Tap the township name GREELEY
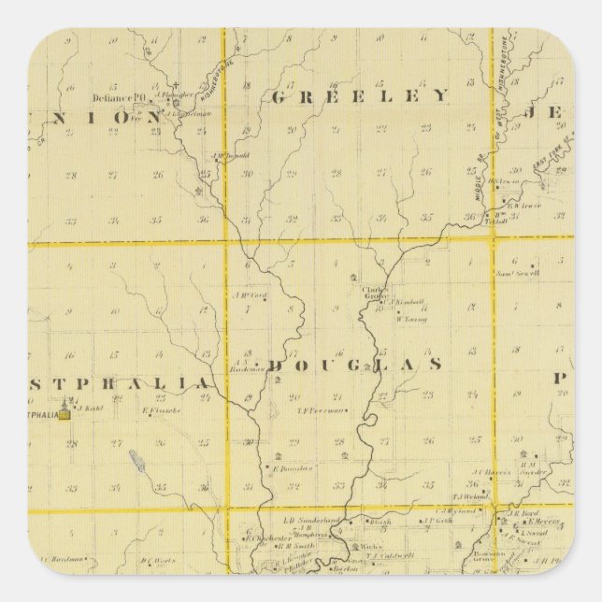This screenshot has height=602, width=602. [x=360, y=95]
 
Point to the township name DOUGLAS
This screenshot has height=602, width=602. [x=355, y=365]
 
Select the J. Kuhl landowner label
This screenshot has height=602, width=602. [x=89, y=408]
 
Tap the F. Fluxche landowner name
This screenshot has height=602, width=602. [x=160, y=409]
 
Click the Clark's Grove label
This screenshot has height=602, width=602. [x=376, y=293]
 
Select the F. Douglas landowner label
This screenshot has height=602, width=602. [x=293, y=467]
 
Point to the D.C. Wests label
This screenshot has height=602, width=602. [x=159, y=561]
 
